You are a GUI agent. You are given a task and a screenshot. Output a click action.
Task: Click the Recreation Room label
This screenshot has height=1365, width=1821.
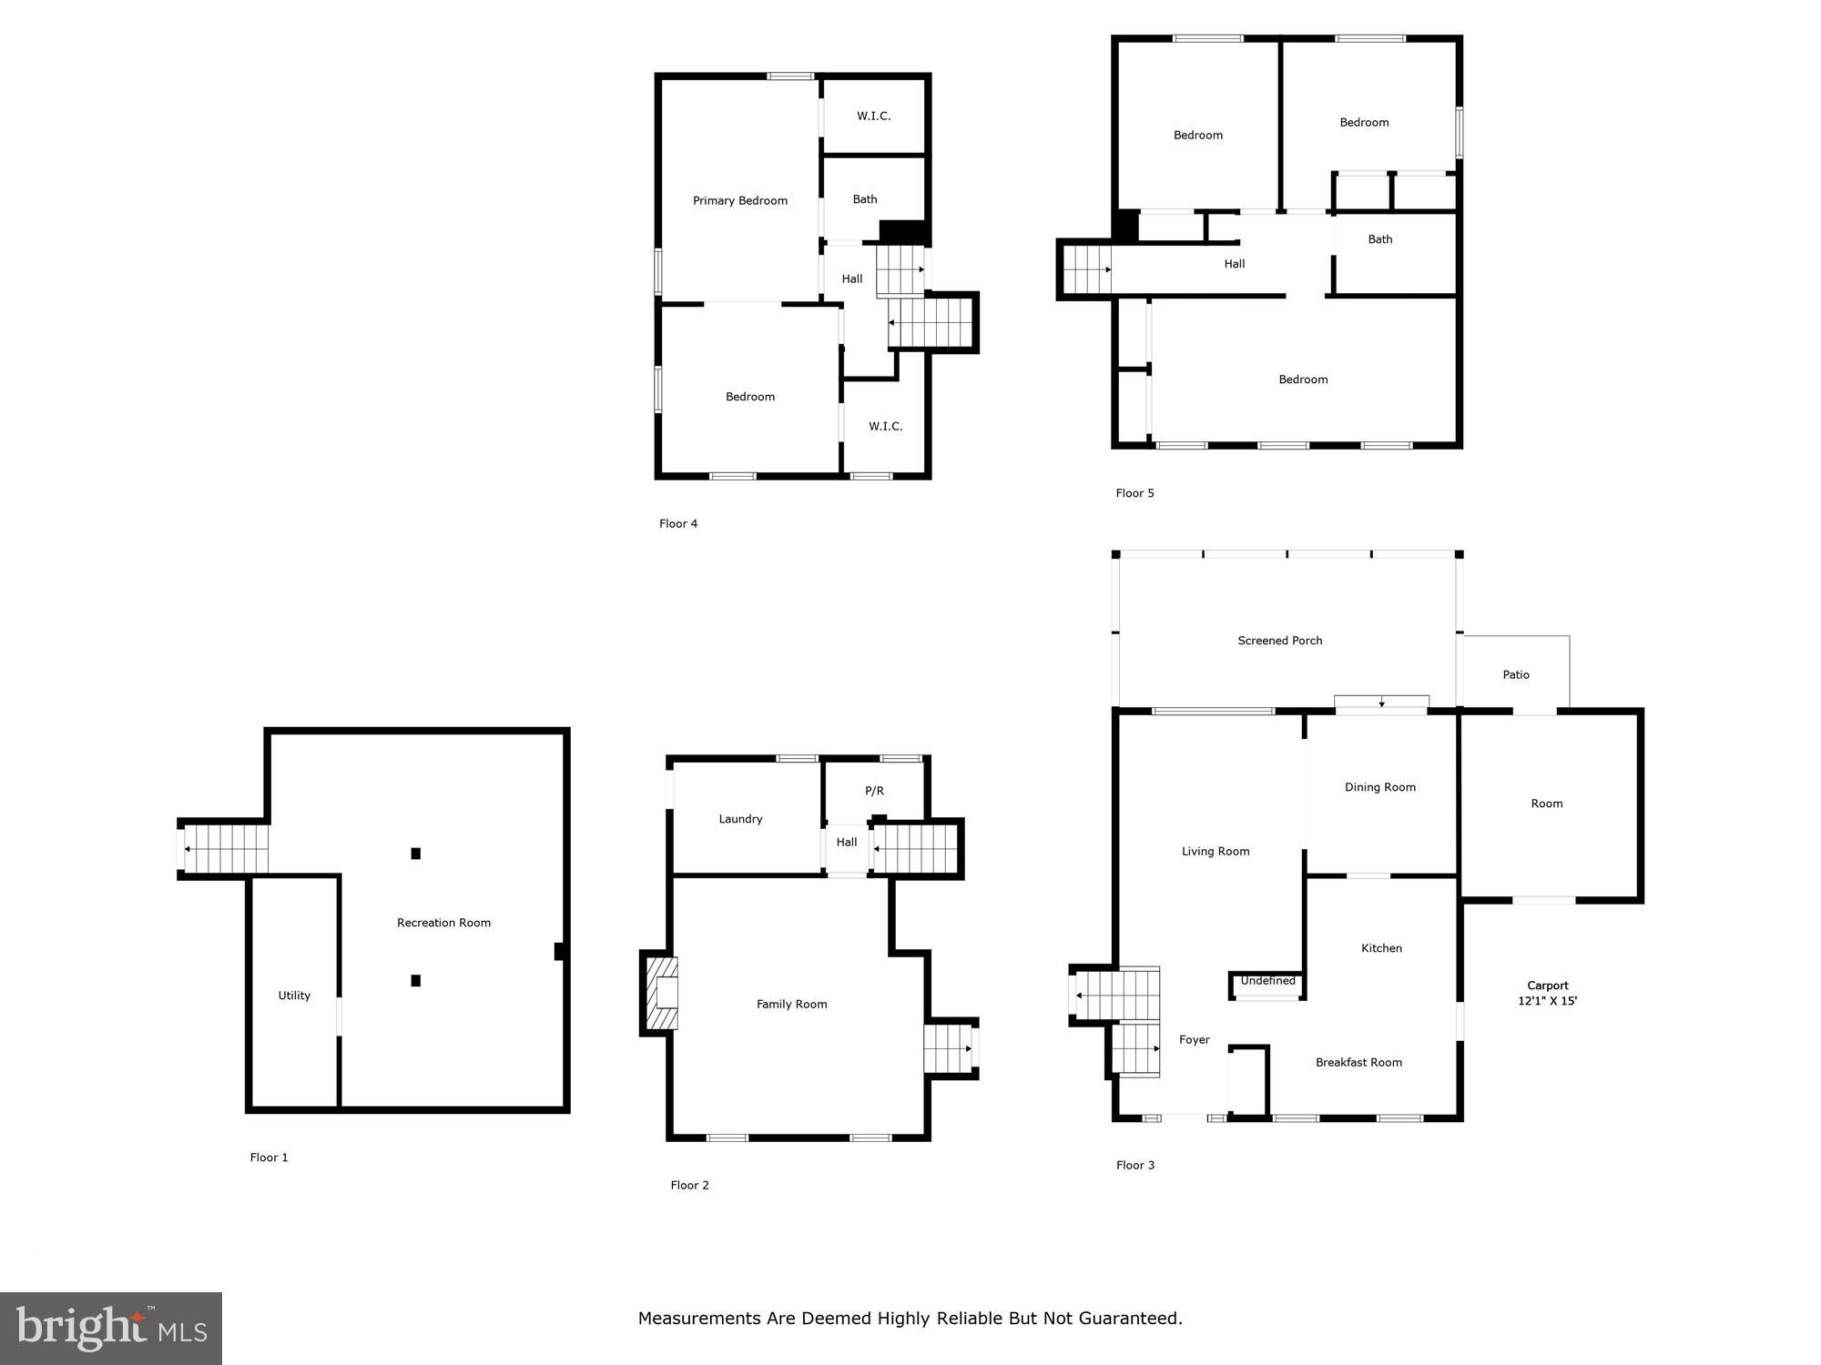tap(443, 923)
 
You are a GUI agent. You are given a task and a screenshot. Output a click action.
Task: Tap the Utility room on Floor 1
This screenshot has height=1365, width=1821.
tap(294, 996)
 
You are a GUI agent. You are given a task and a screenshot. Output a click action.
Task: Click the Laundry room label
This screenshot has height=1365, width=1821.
tap(740, 819)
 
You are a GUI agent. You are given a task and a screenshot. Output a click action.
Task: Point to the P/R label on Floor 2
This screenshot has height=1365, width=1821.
tap(874, 791)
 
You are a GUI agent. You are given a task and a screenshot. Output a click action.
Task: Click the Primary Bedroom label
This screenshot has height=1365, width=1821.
tap(739, 201)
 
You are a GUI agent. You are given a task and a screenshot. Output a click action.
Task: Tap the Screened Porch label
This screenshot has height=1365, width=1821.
tap(1279, 641)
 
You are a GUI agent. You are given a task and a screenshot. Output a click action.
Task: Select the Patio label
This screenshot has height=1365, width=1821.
tap(1515, 675)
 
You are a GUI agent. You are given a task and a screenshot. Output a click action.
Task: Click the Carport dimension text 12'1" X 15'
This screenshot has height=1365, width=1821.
tap(1547, 1001)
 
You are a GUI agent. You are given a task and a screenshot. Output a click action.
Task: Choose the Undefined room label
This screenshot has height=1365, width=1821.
tap(1267, 981)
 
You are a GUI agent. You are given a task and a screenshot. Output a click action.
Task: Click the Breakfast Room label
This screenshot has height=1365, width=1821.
tap(1358, 1063)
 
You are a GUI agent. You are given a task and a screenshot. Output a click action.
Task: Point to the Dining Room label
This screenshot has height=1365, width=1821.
tap(1379, 787)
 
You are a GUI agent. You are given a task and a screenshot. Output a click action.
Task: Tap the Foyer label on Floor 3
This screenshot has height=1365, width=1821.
tap(1194, 1040)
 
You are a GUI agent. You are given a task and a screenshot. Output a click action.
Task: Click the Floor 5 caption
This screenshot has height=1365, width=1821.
tap(1134, 493)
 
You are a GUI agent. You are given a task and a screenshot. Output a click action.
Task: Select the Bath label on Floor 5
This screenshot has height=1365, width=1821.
tap(1379, 239)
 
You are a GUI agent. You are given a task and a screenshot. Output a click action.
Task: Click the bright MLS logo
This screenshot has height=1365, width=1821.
tap(111, 1329)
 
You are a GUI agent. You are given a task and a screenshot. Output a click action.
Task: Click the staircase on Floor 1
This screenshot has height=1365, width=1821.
tap(226, 848)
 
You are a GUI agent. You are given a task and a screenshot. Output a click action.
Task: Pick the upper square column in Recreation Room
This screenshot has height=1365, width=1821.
tap(415, 854)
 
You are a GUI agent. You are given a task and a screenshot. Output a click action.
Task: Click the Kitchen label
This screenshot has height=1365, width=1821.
tap(1380, 948)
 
